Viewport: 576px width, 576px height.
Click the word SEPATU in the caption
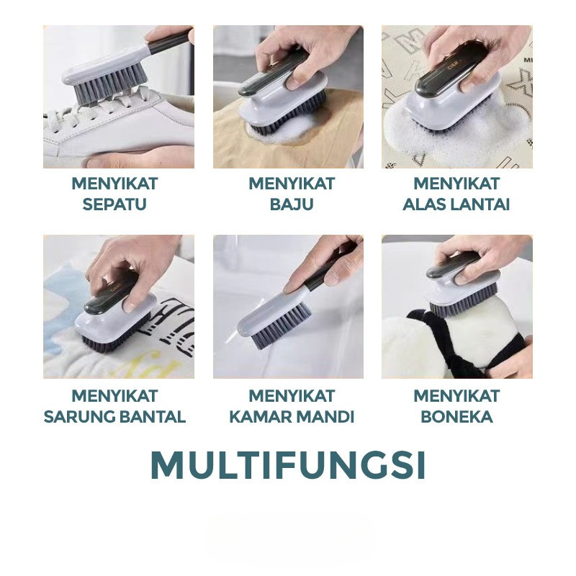pos(114,204)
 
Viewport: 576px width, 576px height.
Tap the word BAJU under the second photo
pos(292,204)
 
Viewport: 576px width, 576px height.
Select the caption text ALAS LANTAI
pos(456,204)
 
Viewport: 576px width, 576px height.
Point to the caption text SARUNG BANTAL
pos(114,417)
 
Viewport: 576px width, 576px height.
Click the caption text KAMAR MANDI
pos(292,417)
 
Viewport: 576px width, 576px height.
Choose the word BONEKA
pos(456,417)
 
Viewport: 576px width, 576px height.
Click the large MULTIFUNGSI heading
pos(289,465)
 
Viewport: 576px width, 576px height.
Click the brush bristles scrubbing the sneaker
pos(110,87)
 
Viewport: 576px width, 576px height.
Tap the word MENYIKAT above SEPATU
pos(114,184)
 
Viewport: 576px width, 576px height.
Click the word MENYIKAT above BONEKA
pos(456,396)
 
